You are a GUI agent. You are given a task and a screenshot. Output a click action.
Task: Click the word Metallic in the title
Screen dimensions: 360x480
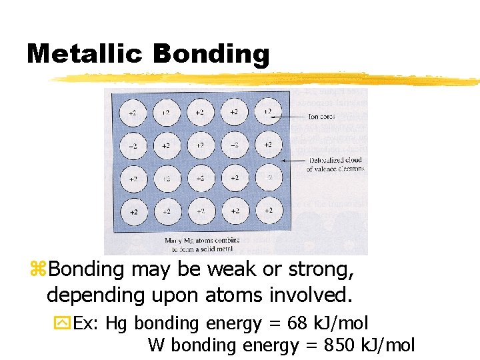tap(85, 54)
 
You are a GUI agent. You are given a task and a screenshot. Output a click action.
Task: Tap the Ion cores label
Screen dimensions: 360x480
tap(321, 117)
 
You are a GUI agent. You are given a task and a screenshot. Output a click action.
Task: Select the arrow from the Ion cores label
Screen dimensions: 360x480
tap(294, 117)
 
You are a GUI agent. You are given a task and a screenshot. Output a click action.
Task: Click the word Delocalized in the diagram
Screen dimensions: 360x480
tap(327, 161)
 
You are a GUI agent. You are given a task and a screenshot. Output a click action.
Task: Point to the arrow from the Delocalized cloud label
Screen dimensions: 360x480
tap(293, 161)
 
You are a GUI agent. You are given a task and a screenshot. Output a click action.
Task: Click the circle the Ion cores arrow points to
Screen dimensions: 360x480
tap(268, 112)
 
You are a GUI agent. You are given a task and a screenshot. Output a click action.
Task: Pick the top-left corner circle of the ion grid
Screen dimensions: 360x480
tap(133, 113)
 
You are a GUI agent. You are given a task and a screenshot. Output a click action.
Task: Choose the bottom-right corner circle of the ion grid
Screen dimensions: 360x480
tap(268, 211)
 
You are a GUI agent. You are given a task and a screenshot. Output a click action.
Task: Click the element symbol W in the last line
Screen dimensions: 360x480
tap(155, 345)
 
